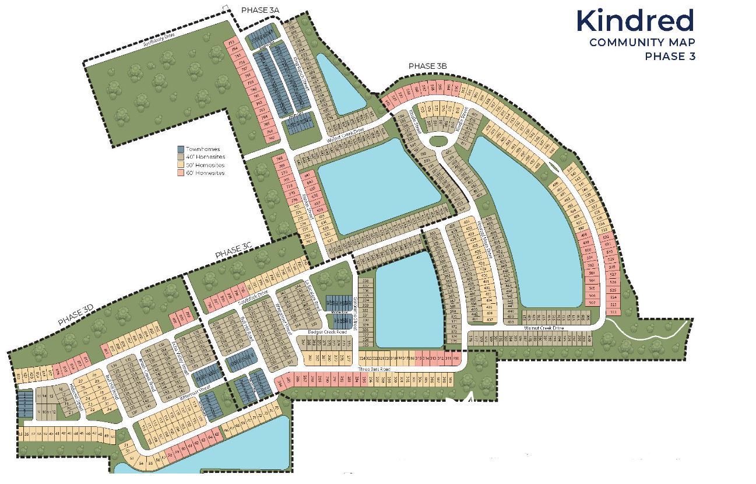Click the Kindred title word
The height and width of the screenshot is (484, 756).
pyautogui.click(x=635, y=21)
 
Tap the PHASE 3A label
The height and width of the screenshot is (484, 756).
pyautogui.click(x=261, y=10)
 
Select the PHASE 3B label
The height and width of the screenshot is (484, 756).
pyautogui.click(x=427, y=66)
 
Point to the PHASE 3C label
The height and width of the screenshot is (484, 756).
pyautogui.click(x=233, y=252)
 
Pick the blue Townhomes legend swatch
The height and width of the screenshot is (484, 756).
pyautogui.click(x=181, y=149)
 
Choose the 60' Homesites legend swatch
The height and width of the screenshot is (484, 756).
pyautogui.click(x=181, y=173)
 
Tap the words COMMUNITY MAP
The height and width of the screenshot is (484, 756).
pyautogui.click(x=642, y=42)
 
